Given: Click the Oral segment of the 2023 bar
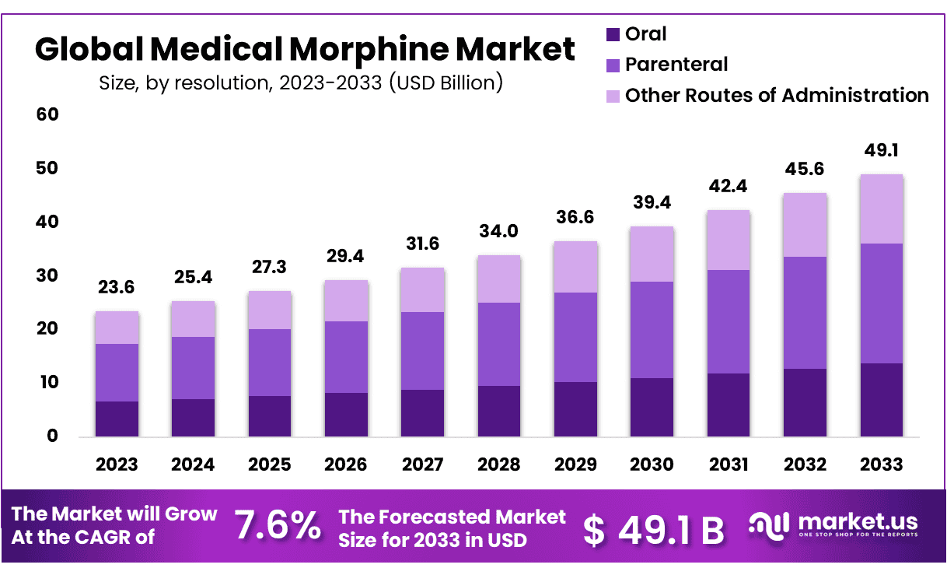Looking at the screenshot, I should click(x=117, y=419).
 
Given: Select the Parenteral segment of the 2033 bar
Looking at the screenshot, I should click(x=881, y=303).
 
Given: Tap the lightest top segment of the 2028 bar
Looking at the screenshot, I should click(x=498, y=279).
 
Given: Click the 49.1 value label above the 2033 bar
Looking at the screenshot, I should click(x=881, y=150).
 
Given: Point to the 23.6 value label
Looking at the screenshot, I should click(x=117, y=287).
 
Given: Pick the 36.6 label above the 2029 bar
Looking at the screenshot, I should click(x=575, y=217).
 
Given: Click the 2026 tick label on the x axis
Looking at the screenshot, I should click(x=346, y=465).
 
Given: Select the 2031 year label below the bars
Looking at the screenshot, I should click(x=728, y=465).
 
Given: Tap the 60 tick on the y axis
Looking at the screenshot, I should click(x=47, y=114).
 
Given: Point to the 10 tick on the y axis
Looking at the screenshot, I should click(x=47, y=383).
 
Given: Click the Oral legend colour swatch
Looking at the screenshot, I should click(x=612, y=34).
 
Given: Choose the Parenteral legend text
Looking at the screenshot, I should click(x=676, y=65).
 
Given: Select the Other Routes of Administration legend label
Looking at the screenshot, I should click(x=777, y=95).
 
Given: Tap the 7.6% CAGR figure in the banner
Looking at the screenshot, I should click(x=278, y=527).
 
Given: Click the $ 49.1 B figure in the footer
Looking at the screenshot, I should click(x=654, y=529).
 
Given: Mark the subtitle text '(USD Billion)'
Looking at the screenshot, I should click(x=446, y=82).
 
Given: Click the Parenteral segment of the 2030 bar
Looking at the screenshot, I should click(x=652, y=330).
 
